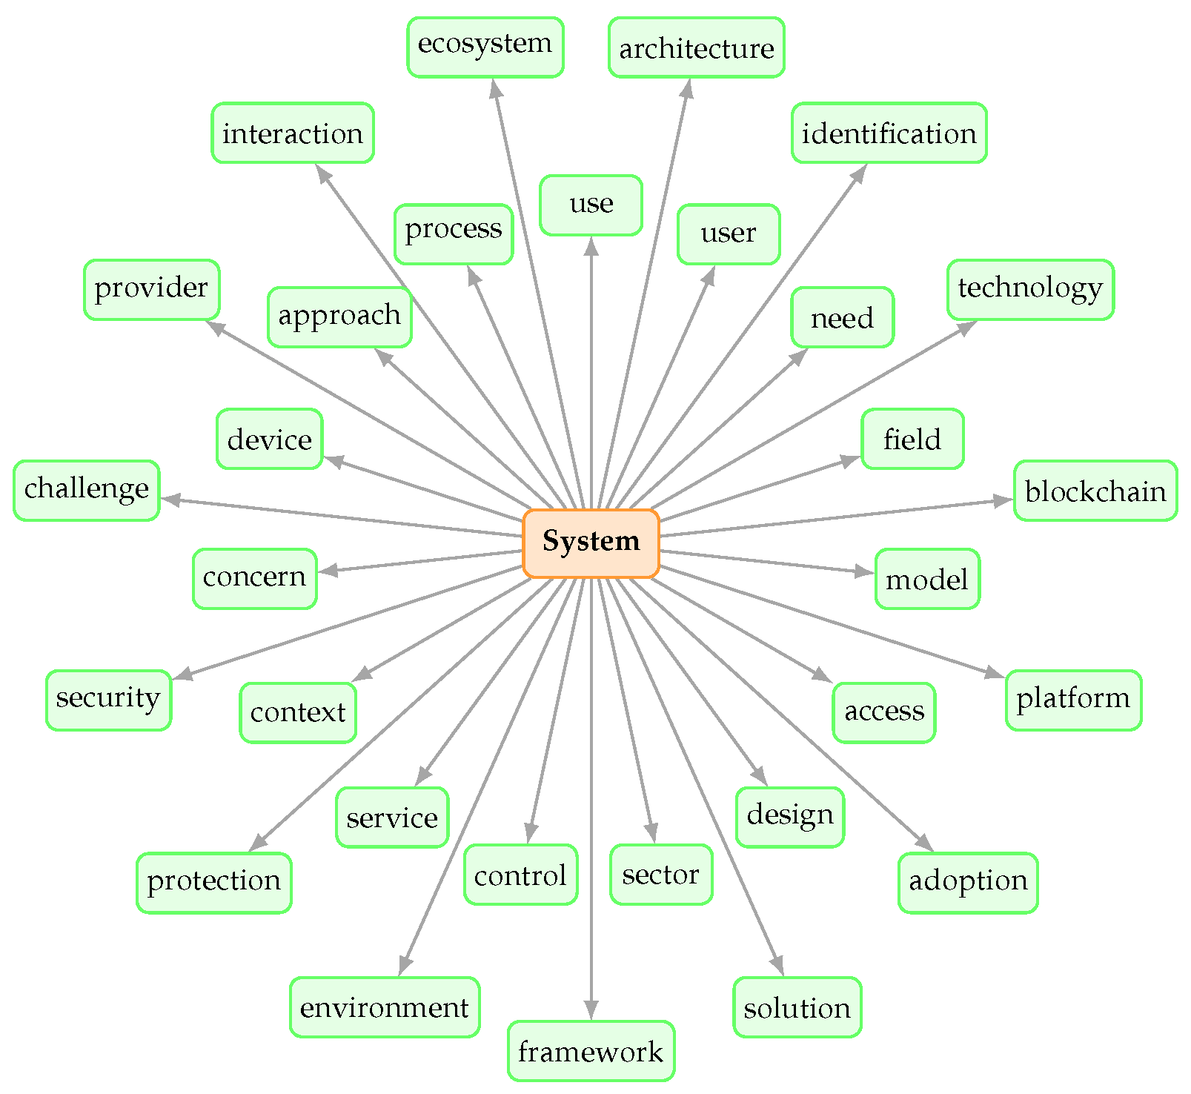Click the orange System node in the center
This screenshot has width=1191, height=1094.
click(591, 543)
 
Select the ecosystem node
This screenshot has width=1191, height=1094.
click(485, 47)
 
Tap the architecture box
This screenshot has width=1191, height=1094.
click(696, 47)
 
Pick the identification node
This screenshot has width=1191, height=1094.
click(889, 133)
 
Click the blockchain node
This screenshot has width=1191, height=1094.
click(1095, 490)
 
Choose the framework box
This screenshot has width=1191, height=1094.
click(591, 1050)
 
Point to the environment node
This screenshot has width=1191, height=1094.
click(385, 1007)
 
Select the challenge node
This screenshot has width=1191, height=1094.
click(87, 490)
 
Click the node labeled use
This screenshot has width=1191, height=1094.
click(591, 205)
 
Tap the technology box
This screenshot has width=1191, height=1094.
click(1030, 289)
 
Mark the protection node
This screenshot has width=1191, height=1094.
click(213, 882)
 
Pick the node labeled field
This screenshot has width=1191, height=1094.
click(912, 438)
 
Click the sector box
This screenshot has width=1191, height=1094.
click(661, 874)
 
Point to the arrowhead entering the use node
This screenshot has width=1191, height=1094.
click(591, 246)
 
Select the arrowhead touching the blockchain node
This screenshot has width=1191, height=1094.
click(1003, 501)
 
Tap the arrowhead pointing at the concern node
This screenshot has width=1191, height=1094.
click(328, 570)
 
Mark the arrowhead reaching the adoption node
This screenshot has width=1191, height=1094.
click(924, 843)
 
